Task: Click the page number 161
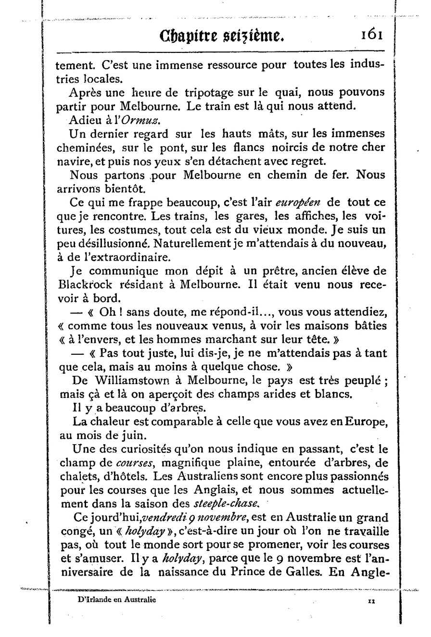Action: (369, 36)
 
